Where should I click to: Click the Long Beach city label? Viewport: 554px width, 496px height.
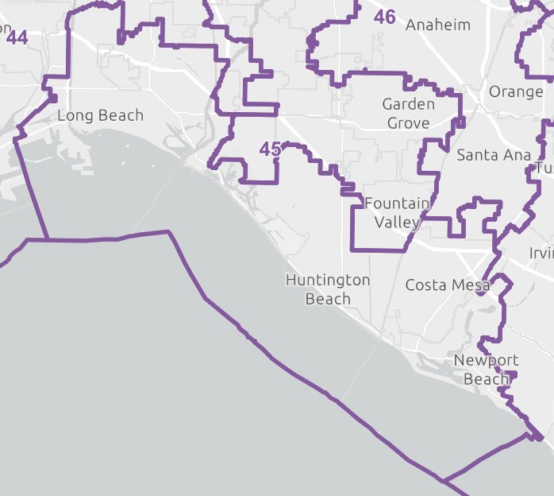pos(100,116)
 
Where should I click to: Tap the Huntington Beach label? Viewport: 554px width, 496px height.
pos(328,289)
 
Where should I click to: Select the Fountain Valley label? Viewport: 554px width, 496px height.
pos(397,213)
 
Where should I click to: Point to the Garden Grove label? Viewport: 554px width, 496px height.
pos(408,114)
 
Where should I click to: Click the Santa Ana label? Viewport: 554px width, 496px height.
pos(494,155)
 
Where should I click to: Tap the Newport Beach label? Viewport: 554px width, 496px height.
pos(486,370)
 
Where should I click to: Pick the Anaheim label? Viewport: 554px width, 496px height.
pos(437,25)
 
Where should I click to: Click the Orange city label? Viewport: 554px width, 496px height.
pos(516,91)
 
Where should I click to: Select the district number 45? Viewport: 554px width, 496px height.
pos(270,149)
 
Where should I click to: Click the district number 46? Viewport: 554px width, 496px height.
pos(384,17)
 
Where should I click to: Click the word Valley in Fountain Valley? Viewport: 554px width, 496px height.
pos(397,223)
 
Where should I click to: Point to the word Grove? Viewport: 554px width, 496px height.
pos(408,123)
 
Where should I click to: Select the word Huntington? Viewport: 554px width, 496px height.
pos(328,281)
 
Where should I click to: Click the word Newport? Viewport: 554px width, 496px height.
pos(486,361)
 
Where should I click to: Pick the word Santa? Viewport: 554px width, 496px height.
pos(475,155)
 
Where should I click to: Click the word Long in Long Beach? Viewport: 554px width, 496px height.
pos(73,116)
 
